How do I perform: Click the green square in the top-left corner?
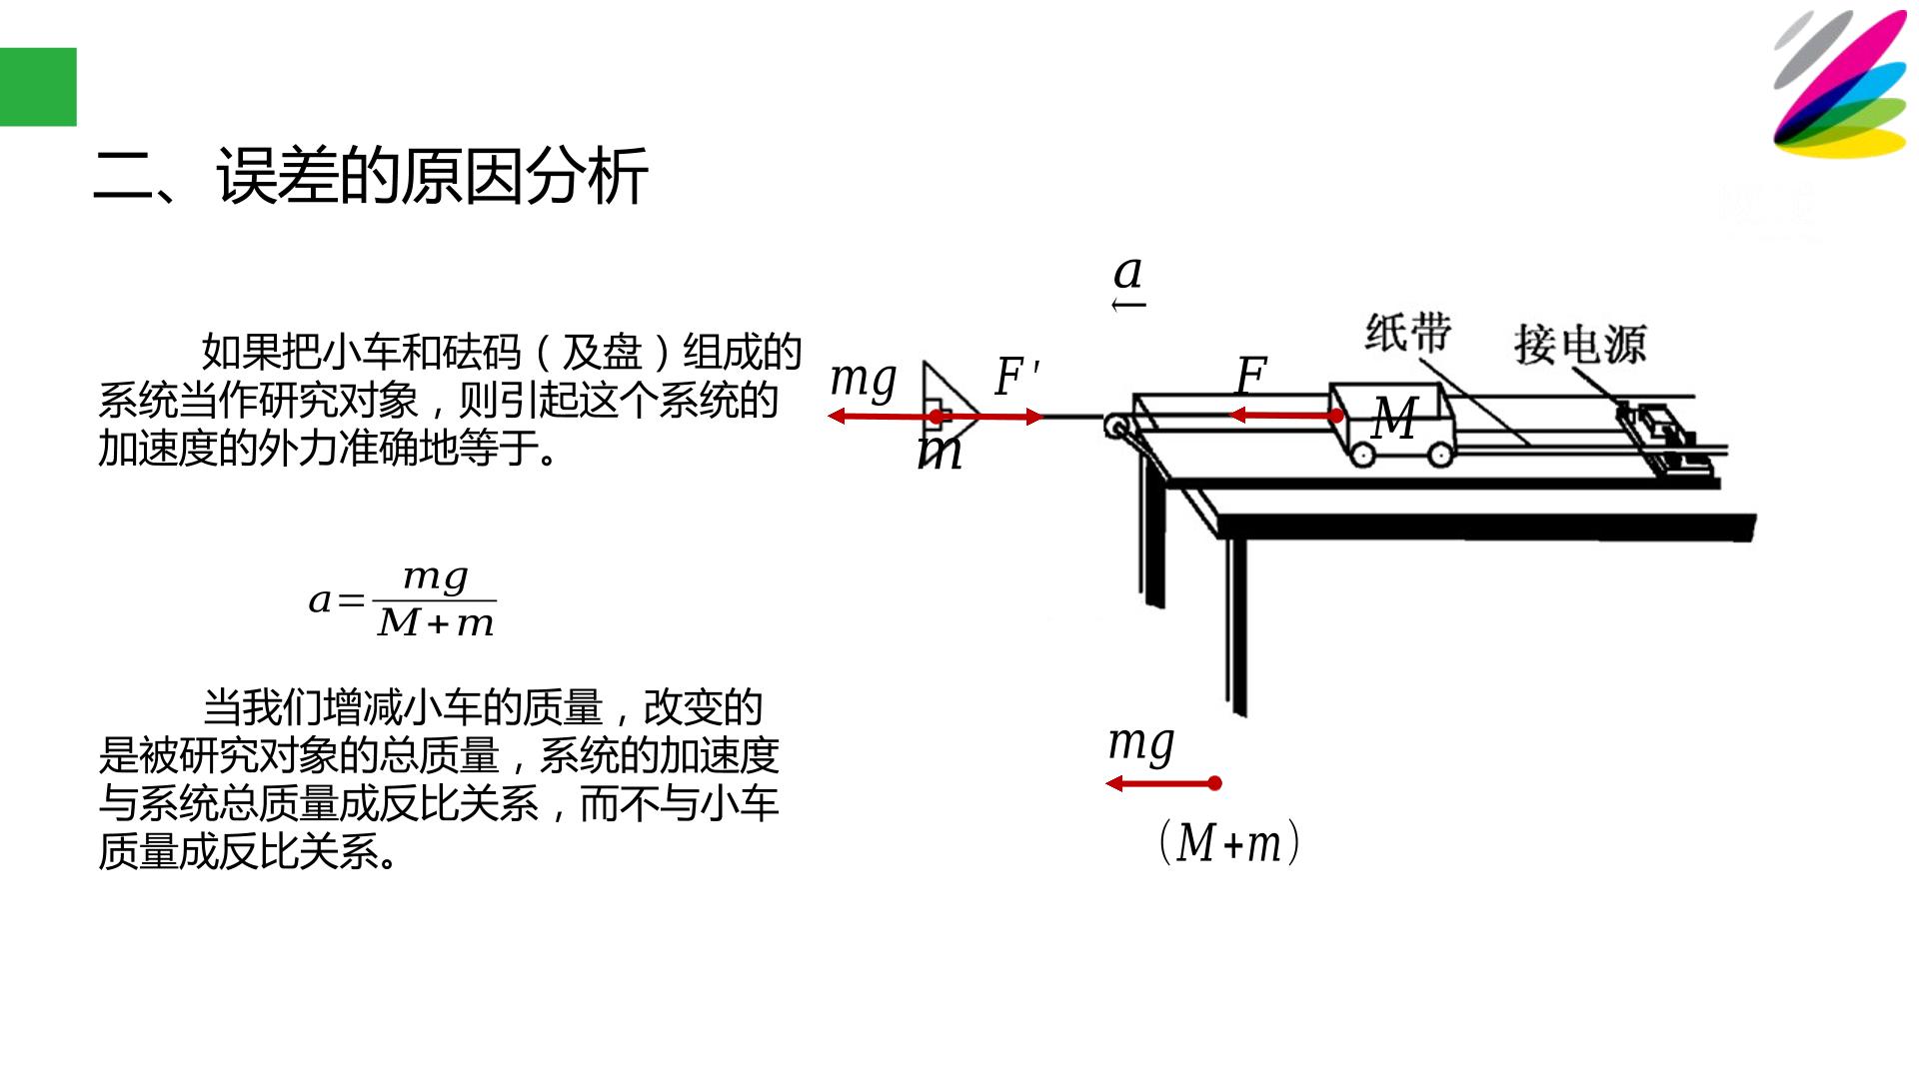tap(38, 87)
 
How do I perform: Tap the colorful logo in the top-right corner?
tap(1840, 84)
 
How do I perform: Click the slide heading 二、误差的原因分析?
tap(371, 176)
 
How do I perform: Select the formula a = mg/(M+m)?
tap(403, 600)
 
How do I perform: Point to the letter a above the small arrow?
tap(1128, 272)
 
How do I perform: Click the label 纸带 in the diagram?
tap(1408, 333)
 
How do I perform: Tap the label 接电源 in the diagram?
tap(1579, 345)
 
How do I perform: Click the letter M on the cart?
tap(1395, 419)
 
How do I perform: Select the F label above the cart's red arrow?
tap(1251, 376)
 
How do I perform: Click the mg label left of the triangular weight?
tap(864, 381)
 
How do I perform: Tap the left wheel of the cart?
tap(1361, 455)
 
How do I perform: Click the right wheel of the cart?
tap(1440, 455)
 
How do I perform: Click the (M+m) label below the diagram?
tap(1229, 842)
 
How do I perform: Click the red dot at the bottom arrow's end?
tap(1214, 783)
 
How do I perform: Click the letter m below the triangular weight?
tap(940, 454)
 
